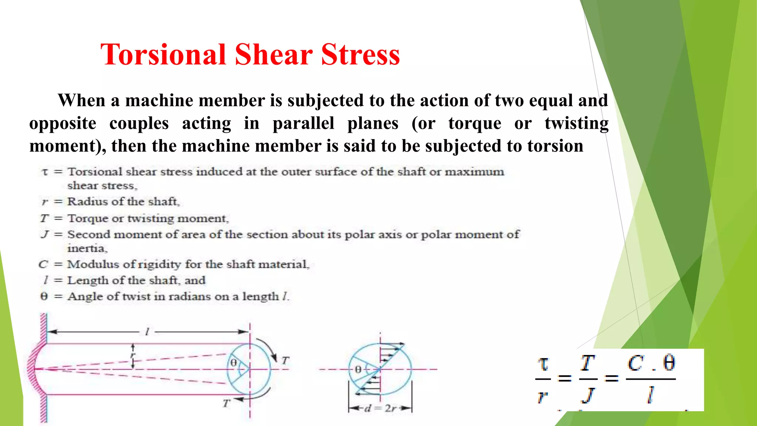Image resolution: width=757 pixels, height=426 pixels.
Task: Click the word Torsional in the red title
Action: coord(163,54)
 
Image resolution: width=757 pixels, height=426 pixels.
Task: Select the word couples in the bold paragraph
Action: coord(139,123)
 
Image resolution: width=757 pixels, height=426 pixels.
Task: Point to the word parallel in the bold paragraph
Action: coord(303,123)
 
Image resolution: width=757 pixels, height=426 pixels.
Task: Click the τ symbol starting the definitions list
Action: coord(45,172)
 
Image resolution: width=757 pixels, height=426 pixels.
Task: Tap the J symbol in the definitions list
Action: coord(45,234)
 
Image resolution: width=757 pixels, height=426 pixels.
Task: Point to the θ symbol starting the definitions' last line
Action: coord(44,297)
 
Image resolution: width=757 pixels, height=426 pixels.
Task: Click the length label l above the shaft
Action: coord(147,332)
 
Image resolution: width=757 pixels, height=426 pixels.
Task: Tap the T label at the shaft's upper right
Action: coord(285,361)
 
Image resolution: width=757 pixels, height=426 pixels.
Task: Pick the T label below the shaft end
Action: coord(226,403)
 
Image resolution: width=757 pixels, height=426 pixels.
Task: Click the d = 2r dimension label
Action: coord(380,409)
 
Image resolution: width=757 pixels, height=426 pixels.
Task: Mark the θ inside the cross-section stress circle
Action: coord(358,369)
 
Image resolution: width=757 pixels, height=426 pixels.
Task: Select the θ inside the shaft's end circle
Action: coord(234,363)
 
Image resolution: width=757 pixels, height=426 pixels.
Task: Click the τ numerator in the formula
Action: coord(543,364)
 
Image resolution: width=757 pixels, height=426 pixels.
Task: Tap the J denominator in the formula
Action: coord(587,395)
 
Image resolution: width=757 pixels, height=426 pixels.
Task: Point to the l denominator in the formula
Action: coord(650,395)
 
